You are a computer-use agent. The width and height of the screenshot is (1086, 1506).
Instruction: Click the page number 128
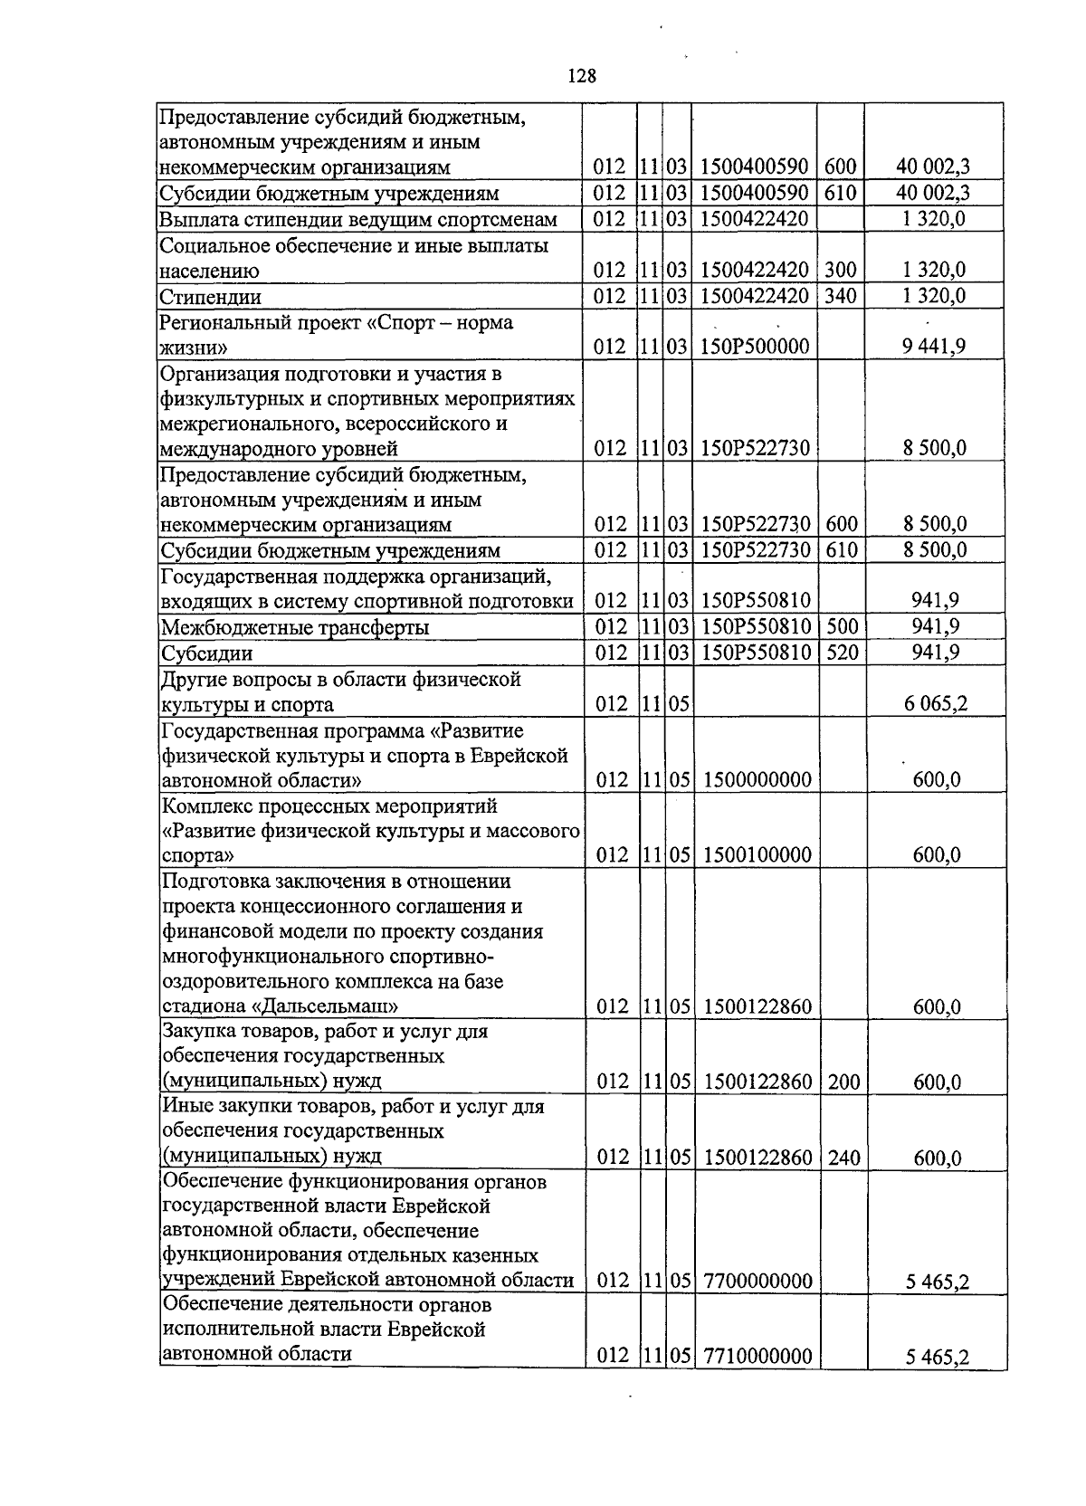(x=582, y=76)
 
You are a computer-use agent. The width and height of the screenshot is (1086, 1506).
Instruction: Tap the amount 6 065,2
(x=935, y=703)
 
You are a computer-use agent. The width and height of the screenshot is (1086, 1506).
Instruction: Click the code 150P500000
(x=755, y=347)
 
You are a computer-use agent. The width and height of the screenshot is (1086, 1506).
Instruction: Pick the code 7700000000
(x=756, y=1280)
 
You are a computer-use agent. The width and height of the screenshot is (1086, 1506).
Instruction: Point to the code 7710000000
(x=756, y=1355)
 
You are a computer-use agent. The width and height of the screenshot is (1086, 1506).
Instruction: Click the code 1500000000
(x=756, y=779)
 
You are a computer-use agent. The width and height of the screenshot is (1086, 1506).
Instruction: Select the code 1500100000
(x=756, y=854)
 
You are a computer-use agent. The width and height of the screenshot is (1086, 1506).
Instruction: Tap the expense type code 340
(x=841, y=296)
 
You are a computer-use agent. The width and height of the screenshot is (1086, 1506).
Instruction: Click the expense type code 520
(x=842, y=653)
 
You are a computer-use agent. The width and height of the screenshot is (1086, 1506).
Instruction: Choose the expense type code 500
(x=842, y=626)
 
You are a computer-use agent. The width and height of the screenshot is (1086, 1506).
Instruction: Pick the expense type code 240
(x=843, y=1156)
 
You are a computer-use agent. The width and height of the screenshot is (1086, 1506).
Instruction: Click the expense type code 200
(x=843, y=1081)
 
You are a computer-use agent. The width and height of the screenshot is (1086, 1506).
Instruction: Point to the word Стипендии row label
(x=211, y=297)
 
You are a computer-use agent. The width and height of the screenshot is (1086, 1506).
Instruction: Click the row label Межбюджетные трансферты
(x=294, y=627)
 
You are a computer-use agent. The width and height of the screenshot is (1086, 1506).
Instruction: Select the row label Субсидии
(x=206, y=653)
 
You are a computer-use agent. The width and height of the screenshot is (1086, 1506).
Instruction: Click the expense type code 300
(x=841, y=270)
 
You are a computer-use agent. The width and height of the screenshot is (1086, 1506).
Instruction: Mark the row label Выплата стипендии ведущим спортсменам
(x=358, y=219)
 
